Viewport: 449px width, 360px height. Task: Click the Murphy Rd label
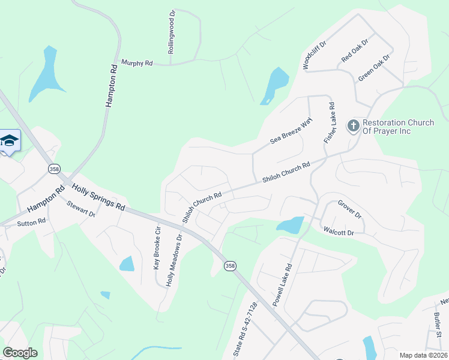(137, 62)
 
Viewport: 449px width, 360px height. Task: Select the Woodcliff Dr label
(314, 56)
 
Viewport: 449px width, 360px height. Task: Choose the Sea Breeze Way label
(291, 131)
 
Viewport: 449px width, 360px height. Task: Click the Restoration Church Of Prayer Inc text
(398, 127)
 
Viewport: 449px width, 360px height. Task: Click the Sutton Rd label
(31, 223)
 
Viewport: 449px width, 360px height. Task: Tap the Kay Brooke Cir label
(158, 246)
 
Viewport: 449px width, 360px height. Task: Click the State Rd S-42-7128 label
(244, 331)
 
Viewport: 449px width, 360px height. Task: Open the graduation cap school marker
(9, 141)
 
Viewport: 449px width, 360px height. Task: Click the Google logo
(20, 353)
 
